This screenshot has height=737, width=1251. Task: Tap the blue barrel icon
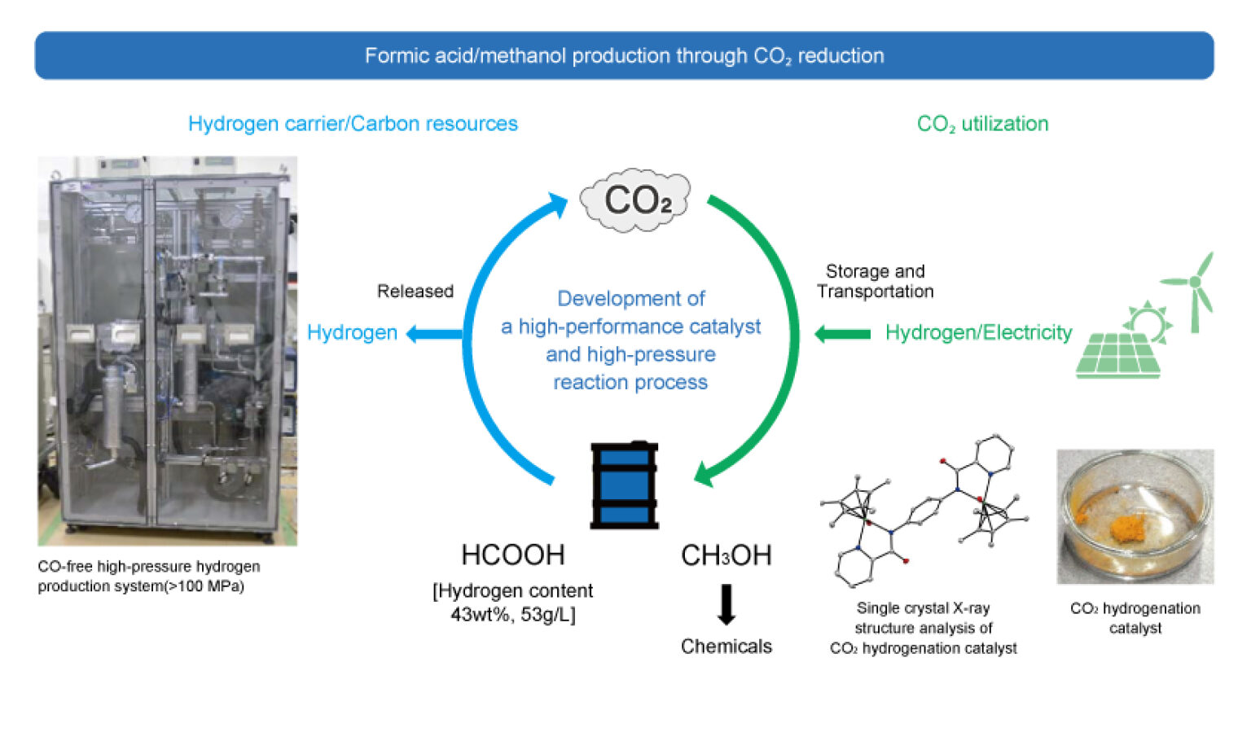pyautogui.click(x=624, y=485)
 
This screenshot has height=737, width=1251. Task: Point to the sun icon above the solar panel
pyautogui.click(x=1148, y=319)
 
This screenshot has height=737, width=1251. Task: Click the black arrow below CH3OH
pyautogui.click(x=726, y=604)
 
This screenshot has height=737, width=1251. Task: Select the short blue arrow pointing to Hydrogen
pyautogui.click(x=433, y=333)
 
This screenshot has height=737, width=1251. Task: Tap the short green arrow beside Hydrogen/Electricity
pyautogui.click(x=842, y=333)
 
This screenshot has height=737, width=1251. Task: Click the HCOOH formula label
pyautogui.click(x=512, y=555)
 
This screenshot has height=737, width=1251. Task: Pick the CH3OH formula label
pyautogui.click(x=726, y=555)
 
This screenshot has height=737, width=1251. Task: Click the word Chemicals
pyautogui.click(x=726, y=646)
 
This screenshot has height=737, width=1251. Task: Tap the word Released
pyautogui.click(x=415, y=291)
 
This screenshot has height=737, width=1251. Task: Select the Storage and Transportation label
pyautogui.click(x=876, y=281)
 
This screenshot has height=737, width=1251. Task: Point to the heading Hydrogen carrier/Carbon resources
pyautogui.click(x=353, y=124)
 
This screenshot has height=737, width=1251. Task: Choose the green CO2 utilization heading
pyautogui.click(x=982, y=124)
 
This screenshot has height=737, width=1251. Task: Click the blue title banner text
pyautogui.click(x=624, y=56)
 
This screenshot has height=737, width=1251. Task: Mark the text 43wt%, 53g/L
pyautogui.click(x=512, y=614)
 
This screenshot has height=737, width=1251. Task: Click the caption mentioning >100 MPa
pyautogui.click(x=149, y=576)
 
